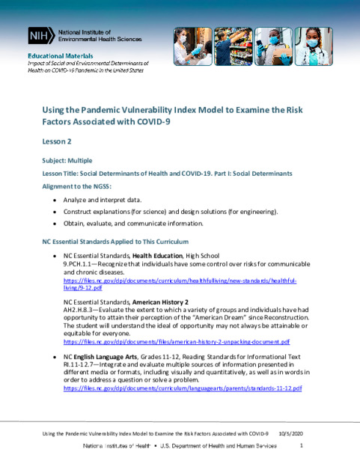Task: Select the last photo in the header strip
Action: tap(313, 46)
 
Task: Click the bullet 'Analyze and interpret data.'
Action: tap(100, 201)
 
